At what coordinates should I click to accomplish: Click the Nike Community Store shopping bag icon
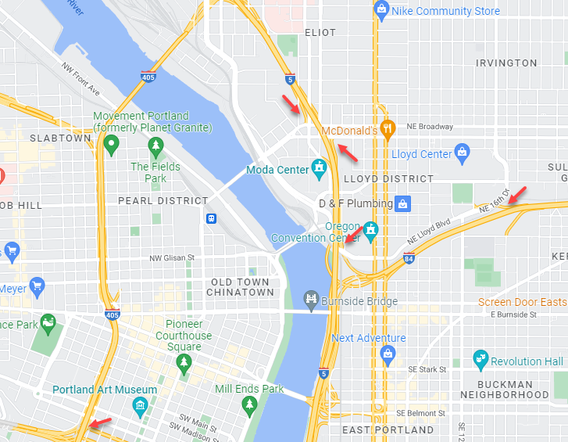point(382,10)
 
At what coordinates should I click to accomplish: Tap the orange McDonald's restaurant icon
point(386,128)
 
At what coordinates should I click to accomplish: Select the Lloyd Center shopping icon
point(462,151)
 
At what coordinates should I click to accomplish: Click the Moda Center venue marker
point(319,167)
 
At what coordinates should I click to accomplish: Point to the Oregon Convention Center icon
point(371,229)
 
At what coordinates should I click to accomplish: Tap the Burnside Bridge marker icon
point(311,300)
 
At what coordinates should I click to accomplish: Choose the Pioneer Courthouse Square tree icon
point(184,361)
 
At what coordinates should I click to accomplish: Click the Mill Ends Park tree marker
point(250,404)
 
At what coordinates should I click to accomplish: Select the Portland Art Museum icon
point(140,404)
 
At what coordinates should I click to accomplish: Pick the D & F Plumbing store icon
point(403,204)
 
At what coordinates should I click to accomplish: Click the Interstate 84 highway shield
point(409,258)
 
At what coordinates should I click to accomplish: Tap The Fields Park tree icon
point(155,146)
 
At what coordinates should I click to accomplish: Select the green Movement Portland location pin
point(112,143)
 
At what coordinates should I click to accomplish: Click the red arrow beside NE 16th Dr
point(516,195)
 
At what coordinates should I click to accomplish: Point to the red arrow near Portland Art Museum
point(99,424)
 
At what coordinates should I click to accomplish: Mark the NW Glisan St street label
point(171,258)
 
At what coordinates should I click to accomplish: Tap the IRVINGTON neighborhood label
point(506,63)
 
